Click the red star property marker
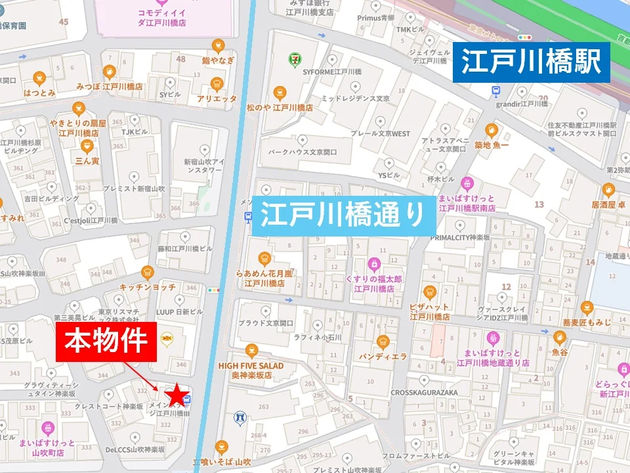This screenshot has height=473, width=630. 176,395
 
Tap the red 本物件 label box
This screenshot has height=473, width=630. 110,342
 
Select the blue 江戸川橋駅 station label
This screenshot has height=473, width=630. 531,62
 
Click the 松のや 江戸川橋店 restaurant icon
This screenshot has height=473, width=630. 280,93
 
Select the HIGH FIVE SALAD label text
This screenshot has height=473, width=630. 251,366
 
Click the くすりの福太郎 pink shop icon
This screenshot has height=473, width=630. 374,264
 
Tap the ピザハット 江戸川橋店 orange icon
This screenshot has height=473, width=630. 430,292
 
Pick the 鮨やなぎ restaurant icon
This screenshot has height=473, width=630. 218,46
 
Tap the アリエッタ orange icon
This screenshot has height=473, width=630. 217,84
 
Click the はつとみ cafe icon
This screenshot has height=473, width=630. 39,78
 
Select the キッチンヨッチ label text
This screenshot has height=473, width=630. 147,287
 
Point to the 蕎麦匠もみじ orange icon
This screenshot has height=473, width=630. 587,307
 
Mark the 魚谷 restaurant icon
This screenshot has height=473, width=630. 559,338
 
